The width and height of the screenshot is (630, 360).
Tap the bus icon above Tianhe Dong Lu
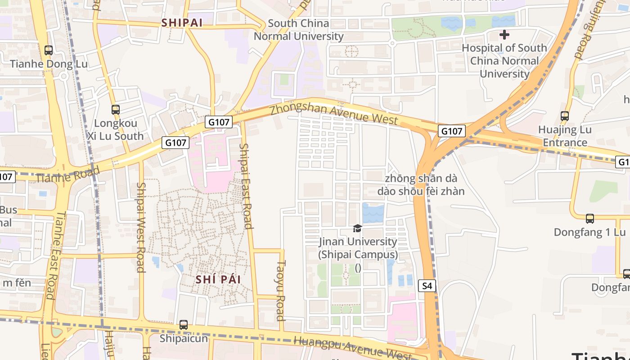click(49, 50)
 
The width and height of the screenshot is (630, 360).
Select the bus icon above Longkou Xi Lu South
click(115, 109)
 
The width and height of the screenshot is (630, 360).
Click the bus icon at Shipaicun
click(183, 324)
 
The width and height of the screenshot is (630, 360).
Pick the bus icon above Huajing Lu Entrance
click(565, 116)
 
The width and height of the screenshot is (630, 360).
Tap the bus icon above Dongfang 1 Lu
click(589, 219)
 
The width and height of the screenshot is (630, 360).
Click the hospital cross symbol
click(504, 34)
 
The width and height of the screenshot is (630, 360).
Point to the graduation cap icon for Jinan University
click(357, 229)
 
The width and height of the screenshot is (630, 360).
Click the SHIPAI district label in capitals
click(182, 22)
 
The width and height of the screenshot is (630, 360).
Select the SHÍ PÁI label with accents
click(218, 279)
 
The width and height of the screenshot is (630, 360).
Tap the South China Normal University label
click(298, 30)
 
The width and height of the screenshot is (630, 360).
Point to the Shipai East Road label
click(246, 185)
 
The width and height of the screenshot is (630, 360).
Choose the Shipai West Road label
click(140, 227)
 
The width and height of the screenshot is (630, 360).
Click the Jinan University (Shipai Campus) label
click(358, 248)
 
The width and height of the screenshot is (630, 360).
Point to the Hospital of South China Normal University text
click(504, 61)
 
